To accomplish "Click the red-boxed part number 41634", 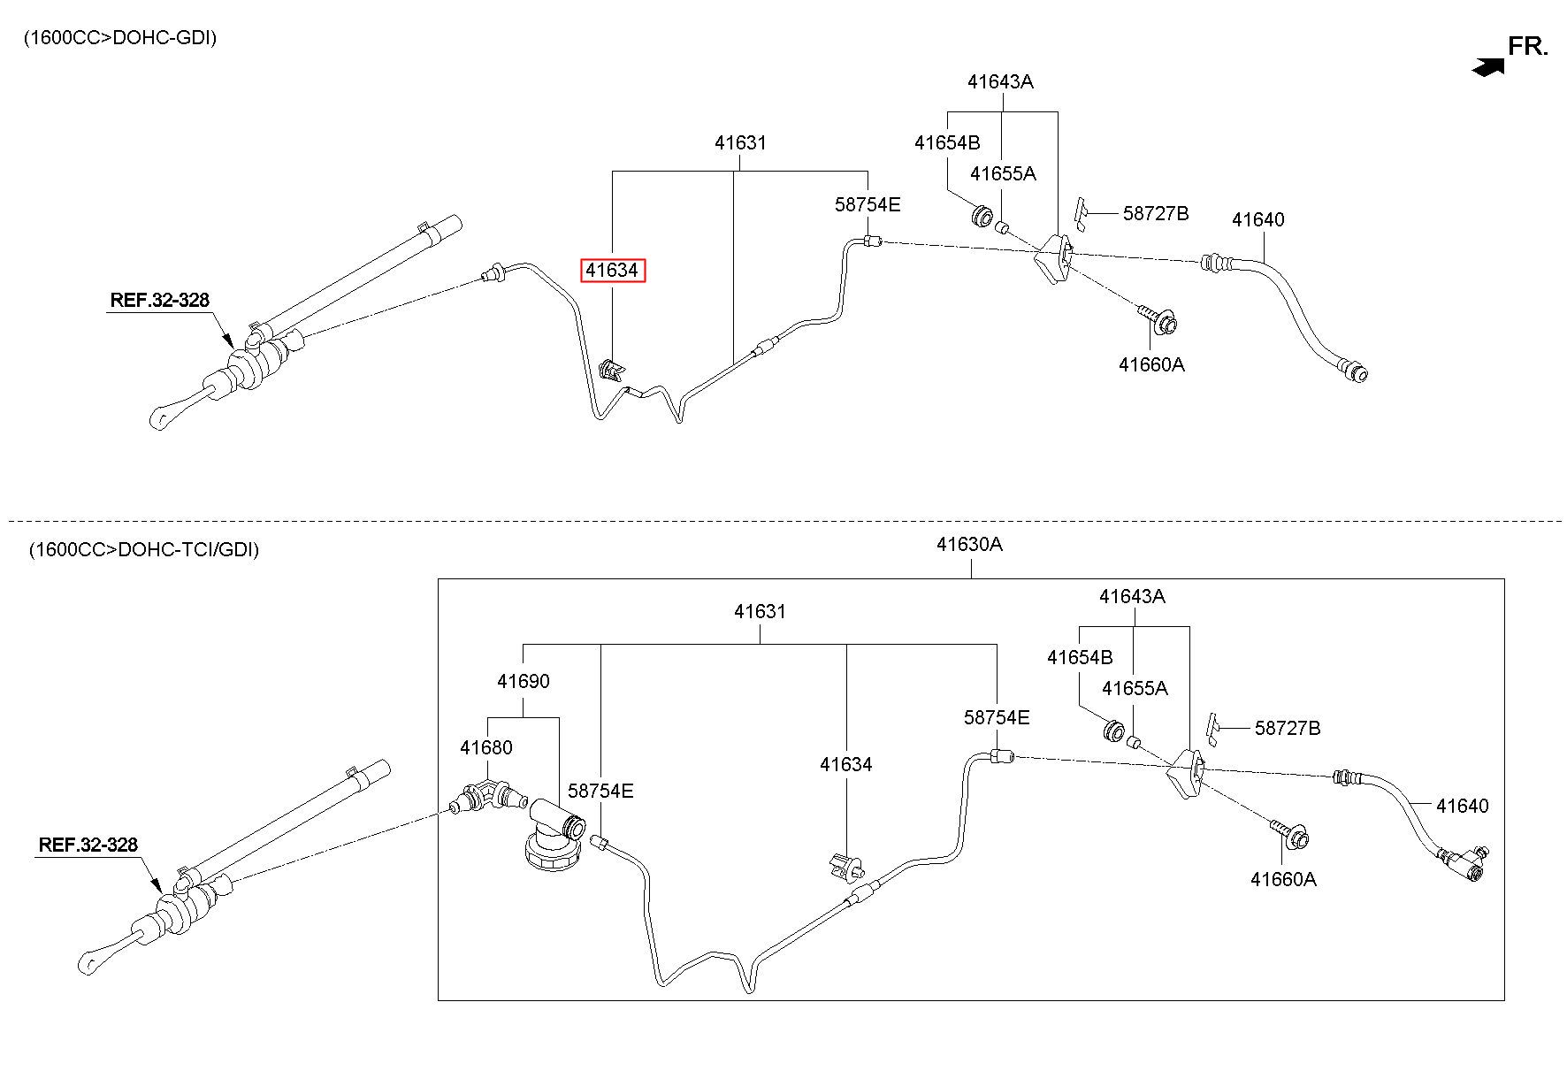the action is coord(613,270).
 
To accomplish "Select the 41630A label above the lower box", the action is coord(970,544).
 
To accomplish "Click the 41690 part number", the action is coord(523,681).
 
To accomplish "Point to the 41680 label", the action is coord(485,747).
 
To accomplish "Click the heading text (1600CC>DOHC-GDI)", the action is coord(119,37).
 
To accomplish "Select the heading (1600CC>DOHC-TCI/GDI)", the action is coord(143,549).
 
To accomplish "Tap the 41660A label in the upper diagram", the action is coord(1151,363).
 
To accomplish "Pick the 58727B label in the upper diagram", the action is coord(1156,213).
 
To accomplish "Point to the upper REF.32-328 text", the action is coord(160,300).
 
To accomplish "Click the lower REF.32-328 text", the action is coord(88,845).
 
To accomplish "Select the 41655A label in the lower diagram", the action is coord(1135,688).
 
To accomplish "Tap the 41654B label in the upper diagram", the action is coord(947,142).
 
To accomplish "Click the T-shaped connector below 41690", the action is coord(554,835).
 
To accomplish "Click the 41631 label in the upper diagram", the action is coord(740,142).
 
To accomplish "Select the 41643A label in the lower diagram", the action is coord(1132,596).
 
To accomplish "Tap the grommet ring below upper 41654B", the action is coord(982,215).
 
